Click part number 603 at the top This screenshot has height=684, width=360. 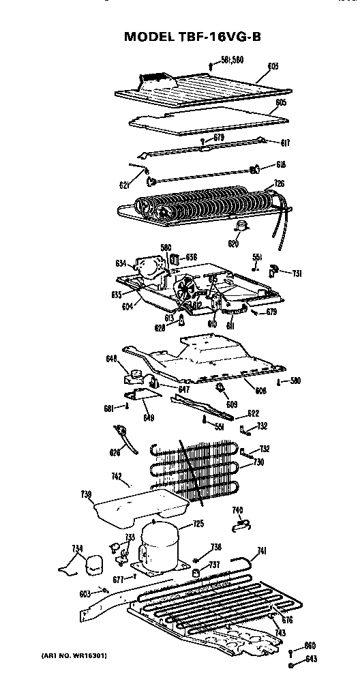point(273,66)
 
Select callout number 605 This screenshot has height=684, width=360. point(280,103)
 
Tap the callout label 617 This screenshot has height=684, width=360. point(285,143)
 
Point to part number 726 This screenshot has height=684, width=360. point(279,183)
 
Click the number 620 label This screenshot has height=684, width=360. point(233,243)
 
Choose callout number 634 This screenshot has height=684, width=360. point(121,263)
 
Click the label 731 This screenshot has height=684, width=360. point(297,273)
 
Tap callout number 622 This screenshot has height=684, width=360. point(253,413)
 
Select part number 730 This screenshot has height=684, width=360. point(258,462)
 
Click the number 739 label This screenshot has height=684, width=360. point(86,493)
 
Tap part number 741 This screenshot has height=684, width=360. point(261,550)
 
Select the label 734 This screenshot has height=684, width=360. point(77,548)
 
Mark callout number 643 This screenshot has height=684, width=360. point(310,658)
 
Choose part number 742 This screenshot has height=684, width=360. point(117,479)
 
